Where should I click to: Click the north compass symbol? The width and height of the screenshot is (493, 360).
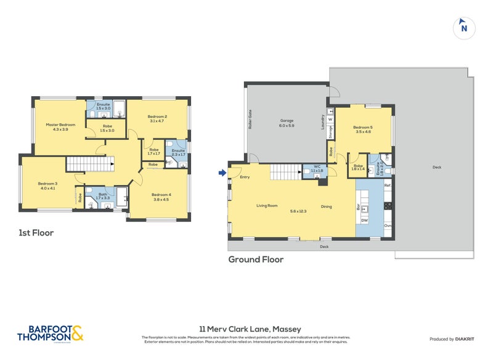(x=464, y=28)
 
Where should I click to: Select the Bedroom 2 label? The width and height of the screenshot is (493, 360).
(x=157, y=117)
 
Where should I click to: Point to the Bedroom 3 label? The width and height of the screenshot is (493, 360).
(x=47, y=184)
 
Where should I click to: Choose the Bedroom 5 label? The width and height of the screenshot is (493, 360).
(x=363, y=128)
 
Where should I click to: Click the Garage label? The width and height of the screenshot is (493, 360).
(x=287, y=121)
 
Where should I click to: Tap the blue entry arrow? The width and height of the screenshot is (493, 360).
(x=222, y=173)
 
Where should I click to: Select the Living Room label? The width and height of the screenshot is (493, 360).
(x=267, y=207)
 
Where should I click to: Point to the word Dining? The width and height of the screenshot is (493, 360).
(x=326, y=207)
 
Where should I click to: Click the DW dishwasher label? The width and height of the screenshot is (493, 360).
(x=364, y=220)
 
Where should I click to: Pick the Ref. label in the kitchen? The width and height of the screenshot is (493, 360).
(x=388, y=186)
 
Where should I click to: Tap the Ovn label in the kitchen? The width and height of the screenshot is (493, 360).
(x=388, y=226)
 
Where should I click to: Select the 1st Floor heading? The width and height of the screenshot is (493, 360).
(x=36, y=233)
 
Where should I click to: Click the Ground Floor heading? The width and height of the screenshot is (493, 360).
(x=256, y=260)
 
